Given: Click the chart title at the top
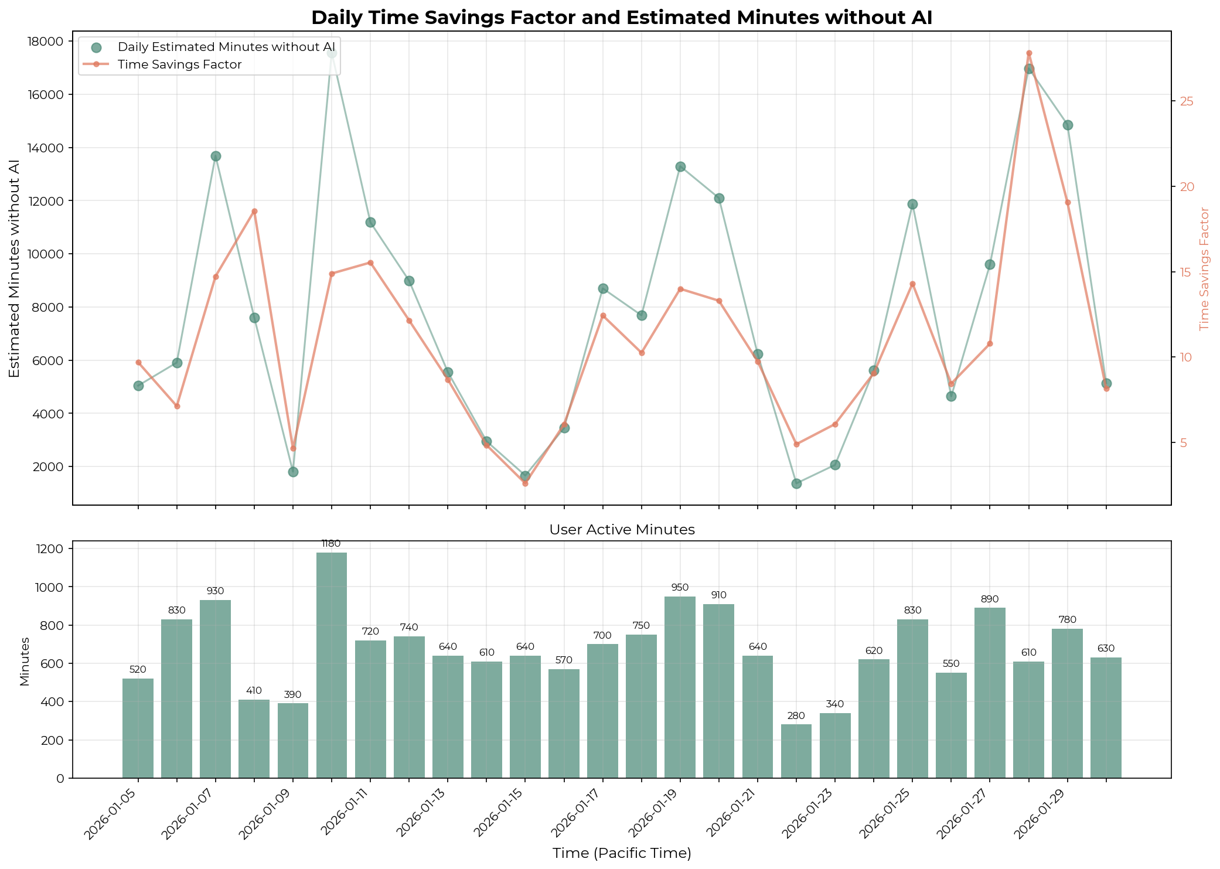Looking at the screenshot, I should [621, 18].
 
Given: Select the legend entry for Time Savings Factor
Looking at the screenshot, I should [179, 64].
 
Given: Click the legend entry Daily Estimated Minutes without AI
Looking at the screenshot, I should [226, 47].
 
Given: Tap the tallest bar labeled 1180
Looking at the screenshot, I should [332, 665].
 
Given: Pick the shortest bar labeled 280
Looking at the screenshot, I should [796, 751].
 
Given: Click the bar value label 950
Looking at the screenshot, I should [680, 588].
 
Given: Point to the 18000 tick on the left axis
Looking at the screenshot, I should [47, 42].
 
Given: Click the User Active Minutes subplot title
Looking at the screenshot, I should [622, 530].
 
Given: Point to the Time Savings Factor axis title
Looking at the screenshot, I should [1205, 268].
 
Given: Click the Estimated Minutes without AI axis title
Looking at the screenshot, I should [15, 268].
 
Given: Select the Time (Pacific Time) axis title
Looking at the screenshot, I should [622, 853].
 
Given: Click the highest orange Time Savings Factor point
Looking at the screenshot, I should [1029, 53].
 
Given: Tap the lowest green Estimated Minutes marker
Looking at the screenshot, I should [796, 483].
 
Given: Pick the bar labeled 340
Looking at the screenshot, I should [835, 745].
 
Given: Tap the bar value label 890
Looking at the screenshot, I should [990, 599].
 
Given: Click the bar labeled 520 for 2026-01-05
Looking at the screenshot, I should [138, 728].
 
